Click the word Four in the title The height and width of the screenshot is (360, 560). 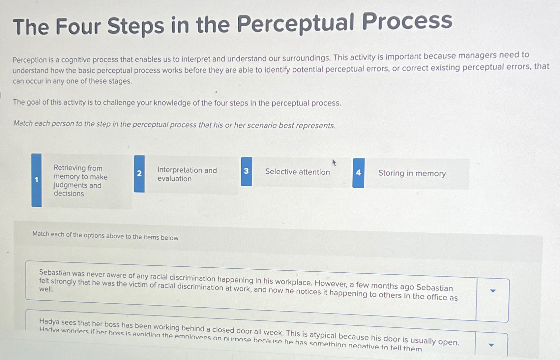pyautogui.click(x=78, y=26)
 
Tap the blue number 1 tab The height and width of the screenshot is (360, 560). pyautogui.click(x=37, y=180)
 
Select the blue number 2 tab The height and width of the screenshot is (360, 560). pyautogui.click(x=139, y=173)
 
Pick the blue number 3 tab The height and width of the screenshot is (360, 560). pyautogui.click(x=246, y=171)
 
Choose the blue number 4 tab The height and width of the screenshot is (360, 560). pyautogui.click(x=358, y=173)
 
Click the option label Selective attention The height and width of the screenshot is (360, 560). pyautogui.click(x=297, y=172)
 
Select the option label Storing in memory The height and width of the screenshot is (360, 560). pyautogui.click(x=412, y=173)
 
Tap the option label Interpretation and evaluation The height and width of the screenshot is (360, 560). pyautogui.click(x=187, y=174)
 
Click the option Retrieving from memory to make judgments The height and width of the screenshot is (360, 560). pyautogui.click(x=80, y=181)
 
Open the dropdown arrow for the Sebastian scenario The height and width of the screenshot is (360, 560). pyautogui.click(x=493, y=291)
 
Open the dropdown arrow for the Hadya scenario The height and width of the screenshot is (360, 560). pyautogui.click(x=491, y=345)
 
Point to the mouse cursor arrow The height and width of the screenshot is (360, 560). pyautogui.click(x=334, y=162)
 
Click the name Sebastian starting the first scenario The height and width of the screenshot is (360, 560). pyautogui.click(x=55, y=273)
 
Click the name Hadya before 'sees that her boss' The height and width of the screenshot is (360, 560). pyautogui.click(x=49, y=321)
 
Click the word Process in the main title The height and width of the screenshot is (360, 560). pyautogui.click(x=407, y=21)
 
